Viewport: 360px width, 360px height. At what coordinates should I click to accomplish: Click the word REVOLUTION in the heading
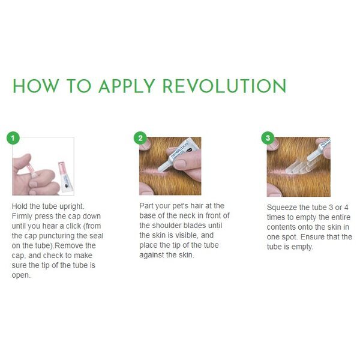pos(224,86)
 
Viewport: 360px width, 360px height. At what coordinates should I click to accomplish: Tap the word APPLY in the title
pos(127,86)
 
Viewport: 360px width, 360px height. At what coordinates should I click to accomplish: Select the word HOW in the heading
pos(35,86)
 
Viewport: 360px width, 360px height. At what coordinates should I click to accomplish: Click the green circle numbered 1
pos(13,138)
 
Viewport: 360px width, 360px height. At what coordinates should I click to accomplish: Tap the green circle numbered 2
pos(140,138)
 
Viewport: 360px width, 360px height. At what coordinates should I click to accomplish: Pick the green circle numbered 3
pos(268,138)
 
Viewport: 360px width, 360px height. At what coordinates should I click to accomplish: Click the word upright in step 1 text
pos(72,206)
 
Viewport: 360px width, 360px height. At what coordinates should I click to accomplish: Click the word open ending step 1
pos(21,275)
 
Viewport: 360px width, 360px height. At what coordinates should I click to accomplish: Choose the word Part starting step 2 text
pos(146,206)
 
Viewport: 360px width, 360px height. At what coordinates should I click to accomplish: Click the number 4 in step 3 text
pos(346,208)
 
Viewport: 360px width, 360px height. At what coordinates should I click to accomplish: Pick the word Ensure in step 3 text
pos(312,237)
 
